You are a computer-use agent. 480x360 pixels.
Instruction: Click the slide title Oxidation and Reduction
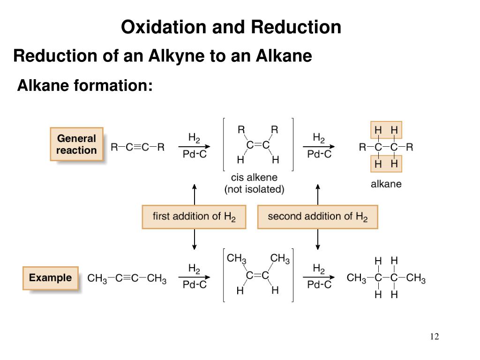click(231, 27)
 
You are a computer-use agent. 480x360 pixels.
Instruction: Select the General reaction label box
click(76, 144)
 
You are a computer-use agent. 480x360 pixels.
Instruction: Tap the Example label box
click(50, 278)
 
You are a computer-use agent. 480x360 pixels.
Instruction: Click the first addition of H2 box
click(194, 217)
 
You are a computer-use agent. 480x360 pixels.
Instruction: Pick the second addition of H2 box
click(317, 217)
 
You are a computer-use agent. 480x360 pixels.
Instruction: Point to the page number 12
click(434, 337)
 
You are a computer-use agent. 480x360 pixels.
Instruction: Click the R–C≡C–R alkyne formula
click(138, 147)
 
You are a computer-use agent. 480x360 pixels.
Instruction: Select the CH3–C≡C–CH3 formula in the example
click(127, 279)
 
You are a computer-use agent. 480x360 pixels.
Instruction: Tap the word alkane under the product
click(386, 184)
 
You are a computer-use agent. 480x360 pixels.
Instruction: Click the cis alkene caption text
click(254, 178)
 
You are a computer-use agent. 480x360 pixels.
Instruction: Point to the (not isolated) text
click(254, 190)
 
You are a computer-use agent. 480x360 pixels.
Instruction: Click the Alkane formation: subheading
click(85, 85)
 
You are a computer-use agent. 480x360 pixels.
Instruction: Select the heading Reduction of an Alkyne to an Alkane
click(163, 56)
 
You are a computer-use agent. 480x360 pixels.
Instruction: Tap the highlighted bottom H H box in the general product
click(386, 164)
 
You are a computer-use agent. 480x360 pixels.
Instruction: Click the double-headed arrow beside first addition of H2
click(194, 194)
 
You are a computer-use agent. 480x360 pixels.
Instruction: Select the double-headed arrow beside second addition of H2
click(318, 194)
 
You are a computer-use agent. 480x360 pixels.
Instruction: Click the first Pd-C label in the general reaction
click(195, 154)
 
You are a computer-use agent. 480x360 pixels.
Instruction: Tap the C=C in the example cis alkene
click(258, 276)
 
